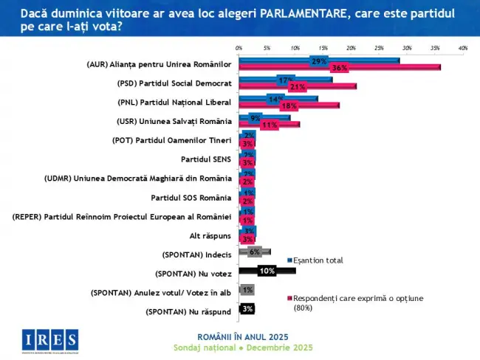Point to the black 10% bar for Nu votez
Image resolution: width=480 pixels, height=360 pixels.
(x=267, y=271)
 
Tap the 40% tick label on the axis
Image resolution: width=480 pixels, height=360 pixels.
(x=462, y=47)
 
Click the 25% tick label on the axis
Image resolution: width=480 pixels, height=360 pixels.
(x=378, y=47)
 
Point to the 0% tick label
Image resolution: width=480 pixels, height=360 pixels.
(x=239, y=47)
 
